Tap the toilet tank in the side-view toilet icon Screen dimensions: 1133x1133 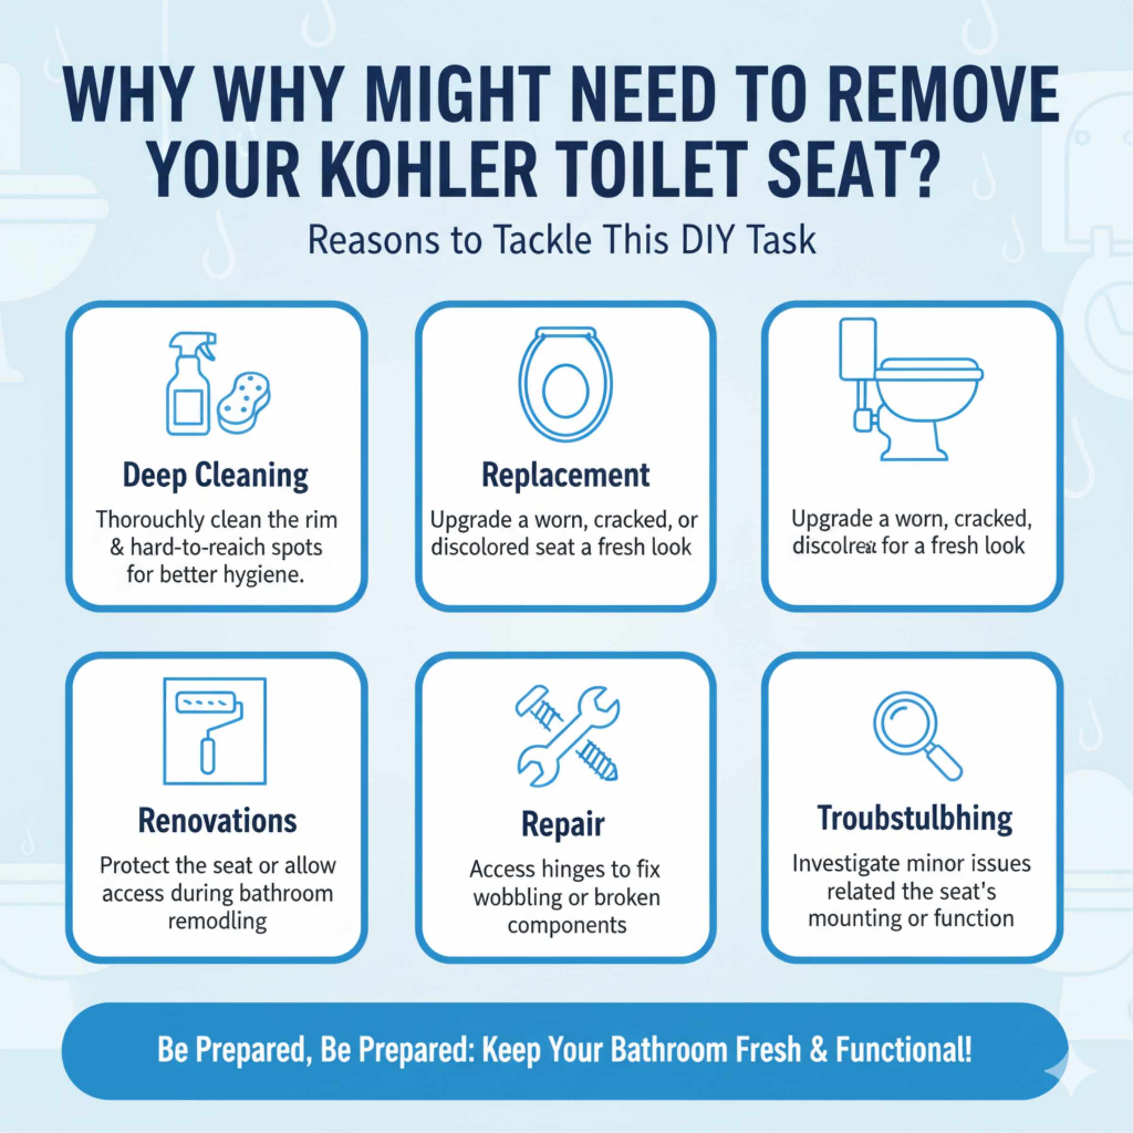pos(858,349)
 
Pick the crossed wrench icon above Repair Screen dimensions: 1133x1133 pos(566,736)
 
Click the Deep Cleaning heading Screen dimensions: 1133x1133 pos(215,475)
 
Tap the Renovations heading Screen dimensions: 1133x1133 pos(217,821)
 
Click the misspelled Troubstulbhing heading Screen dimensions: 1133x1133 pos(915,819)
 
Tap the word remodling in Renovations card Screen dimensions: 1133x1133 pos(217,921)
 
